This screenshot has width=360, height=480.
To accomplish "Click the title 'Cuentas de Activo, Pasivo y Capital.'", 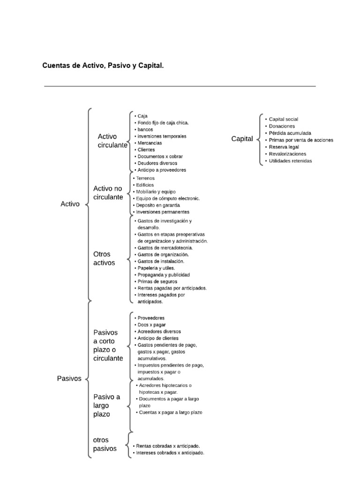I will point(103,66).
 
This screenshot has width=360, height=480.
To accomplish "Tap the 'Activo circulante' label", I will point(112,141).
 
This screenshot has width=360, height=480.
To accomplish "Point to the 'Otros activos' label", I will point(104,258).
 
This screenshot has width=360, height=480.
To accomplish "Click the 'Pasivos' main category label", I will point(69,378).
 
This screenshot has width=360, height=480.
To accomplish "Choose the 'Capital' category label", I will point(242,139).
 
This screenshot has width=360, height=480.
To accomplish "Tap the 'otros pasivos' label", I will point(105,444).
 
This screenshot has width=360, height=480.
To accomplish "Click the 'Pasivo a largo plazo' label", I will point(107,405).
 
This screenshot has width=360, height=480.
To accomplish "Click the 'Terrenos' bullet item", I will point(146,178).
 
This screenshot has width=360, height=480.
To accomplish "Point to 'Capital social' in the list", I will point(283,120).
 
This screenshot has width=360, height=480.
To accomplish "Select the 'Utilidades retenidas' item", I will point(290,161).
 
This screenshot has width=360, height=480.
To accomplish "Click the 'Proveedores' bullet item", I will point(151,318).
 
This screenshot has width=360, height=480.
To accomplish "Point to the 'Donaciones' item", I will point(282,126).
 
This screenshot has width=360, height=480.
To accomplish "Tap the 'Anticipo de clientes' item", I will point(158,338).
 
